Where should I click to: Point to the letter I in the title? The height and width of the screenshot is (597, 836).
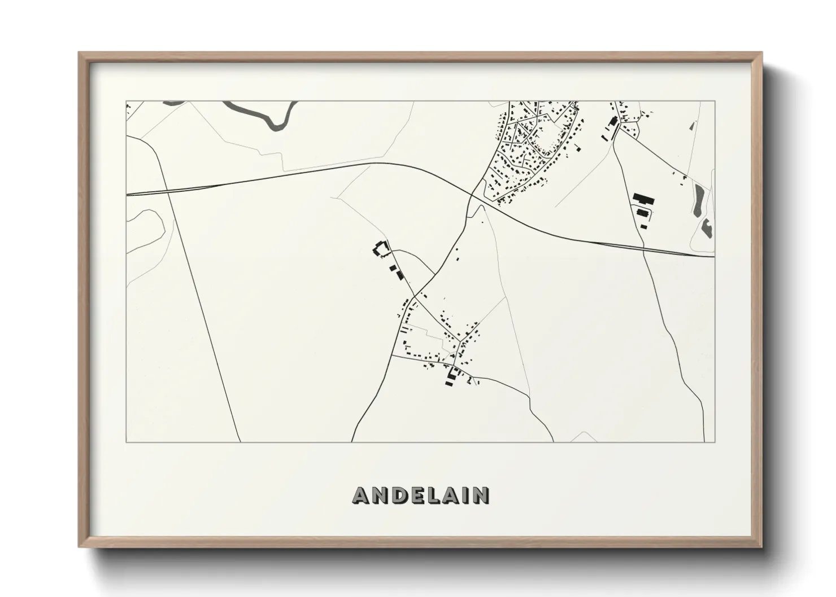(468, 496)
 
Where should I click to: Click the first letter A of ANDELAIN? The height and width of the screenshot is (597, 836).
(362, 496)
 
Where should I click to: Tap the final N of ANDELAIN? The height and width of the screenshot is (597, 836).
(481, 496)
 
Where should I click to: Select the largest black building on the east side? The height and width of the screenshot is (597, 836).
(643, 199)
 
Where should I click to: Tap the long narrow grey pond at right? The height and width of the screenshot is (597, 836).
(699, 200)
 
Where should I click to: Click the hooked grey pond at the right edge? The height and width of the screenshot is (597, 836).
(706, 228)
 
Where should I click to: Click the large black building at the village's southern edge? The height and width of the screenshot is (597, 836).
(452, 374)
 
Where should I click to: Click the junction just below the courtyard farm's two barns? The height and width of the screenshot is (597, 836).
(415, 296)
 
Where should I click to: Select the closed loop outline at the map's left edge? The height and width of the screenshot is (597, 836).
(146, 231)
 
